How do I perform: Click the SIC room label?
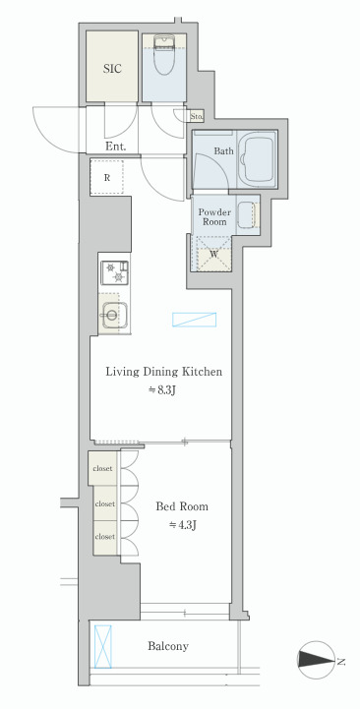pyautogui.click(x=112, y=69)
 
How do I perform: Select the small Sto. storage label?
pyautogui.click(x=197, y=116)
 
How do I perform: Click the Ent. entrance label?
pyautogui.click(x=115, y=147)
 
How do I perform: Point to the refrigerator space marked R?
pyautogui.click(x=107, y=177)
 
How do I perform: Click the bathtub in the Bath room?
pyautogui.click(x=257, y=159)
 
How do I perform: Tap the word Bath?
pyautogui.click(x=224, y=151)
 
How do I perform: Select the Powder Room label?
pyautogui.click(x=214, y=217)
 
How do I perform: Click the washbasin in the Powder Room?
pyautogui.click(x=247, y=214)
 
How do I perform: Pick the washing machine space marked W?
pyautogui.click(x=213, y=254)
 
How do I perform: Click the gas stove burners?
pyautogui.click(x=114, y=273)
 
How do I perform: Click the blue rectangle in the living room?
pyautogui.click(x=194, y=320)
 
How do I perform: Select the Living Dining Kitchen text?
pyautogui.click(x=163, y=372)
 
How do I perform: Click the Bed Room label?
pyautogui.click(x=182, y=506)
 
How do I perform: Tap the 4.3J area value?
pyautogui.click(x=182, y=525)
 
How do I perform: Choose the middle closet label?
pyautogui.click(x=104, y=503)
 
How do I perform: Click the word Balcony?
pyautogui.click(x=168, y=646)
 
